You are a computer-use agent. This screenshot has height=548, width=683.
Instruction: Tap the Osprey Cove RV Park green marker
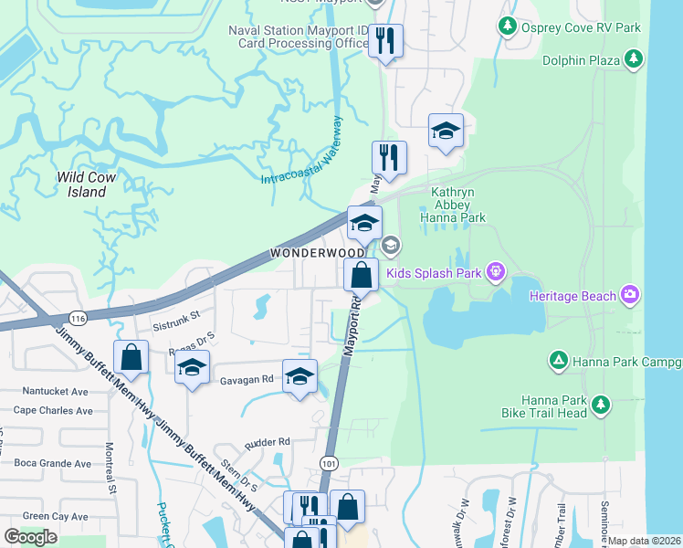click(508, 27)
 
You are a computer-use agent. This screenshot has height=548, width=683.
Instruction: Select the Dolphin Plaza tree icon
click(634, 60)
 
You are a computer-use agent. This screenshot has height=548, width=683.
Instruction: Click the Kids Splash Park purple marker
click(496, 270)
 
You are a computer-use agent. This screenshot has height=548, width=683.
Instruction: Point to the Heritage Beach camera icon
click(629, 294)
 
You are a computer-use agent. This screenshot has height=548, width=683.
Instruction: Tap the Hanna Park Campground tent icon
click(557, 362)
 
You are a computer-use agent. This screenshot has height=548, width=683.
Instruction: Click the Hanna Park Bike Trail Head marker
click(600, 403)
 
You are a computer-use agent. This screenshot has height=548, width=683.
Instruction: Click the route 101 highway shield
click(330, 464)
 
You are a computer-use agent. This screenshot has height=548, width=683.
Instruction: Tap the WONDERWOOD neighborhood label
click(305, 252)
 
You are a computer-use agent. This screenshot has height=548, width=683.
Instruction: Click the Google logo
click(31, 537)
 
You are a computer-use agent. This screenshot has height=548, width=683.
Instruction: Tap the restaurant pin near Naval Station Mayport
click(385, 40)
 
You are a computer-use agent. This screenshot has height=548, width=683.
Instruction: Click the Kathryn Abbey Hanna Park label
click(452, 205)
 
